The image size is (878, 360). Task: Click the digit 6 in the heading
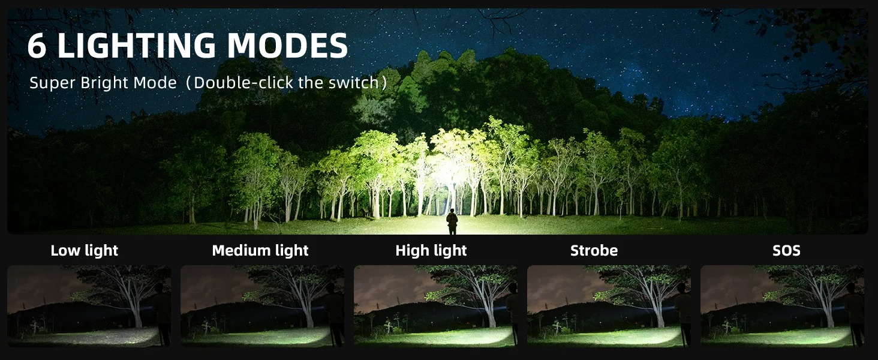pos(37,45)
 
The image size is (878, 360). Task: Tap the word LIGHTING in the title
pos(136,45)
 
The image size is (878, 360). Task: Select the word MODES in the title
pos(287,45)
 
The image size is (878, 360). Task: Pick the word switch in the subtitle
pos(353,83)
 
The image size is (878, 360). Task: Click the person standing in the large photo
pos(452,221)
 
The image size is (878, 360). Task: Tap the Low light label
pos(85,251)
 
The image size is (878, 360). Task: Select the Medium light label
pos(260,251)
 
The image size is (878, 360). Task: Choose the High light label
pos(431,251)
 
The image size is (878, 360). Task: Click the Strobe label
pos(594,251)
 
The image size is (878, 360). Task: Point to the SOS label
pos(786,251)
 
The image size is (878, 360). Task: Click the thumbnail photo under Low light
pos(89,306)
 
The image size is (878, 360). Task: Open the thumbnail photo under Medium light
pos(262,306)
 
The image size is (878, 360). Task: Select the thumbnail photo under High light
pos(435,306)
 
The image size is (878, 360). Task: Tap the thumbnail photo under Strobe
pos(609,306)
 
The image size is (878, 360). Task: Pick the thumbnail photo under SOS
pos(783,306)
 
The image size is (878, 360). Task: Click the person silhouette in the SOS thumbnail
pos(854,314)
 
